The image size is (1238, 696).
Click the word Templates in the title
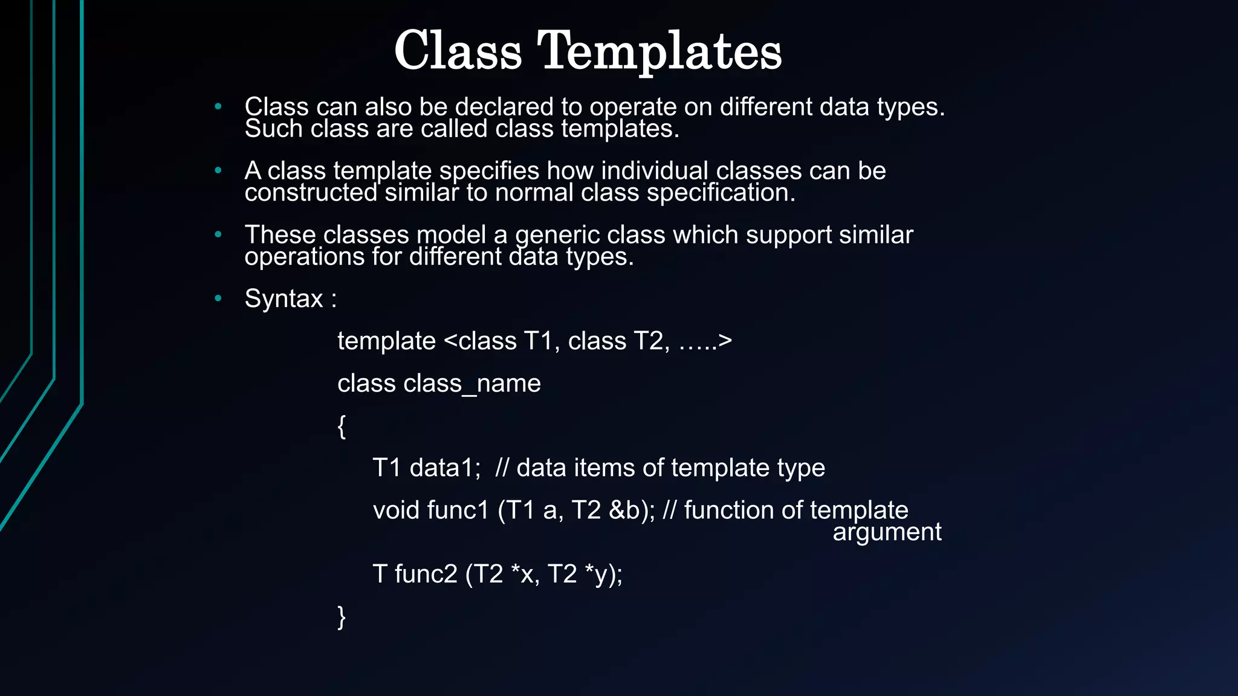coord(660,52)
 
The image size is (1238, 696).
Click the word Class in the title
coord(458,51)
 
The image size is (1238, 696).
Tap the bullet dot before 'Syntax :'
coord(218,298)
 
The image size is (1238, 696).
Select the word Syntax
coord(284,298)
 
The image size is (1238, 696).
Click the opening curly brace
coord(342,426)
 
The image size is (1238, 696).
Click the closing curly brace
coord(342,617)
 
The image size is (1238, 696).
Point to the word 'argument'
coord(887,532)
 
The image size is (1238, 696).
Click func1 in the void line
coord(458,511)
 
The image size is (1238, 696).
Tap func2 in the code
coord(426,574)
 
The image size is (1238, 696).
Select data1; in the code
coord(445,468)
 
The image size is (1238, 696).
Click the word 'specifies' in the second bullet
coord(489,171)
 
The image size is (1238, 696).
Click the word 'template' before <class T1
coord(386,341)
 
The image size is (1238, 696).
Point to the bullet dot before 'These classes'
coord(218,234)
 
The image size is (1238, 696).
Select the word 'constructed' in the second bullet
coord(311,193)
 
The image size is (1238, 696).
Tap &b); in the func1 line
coord(632,511)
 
